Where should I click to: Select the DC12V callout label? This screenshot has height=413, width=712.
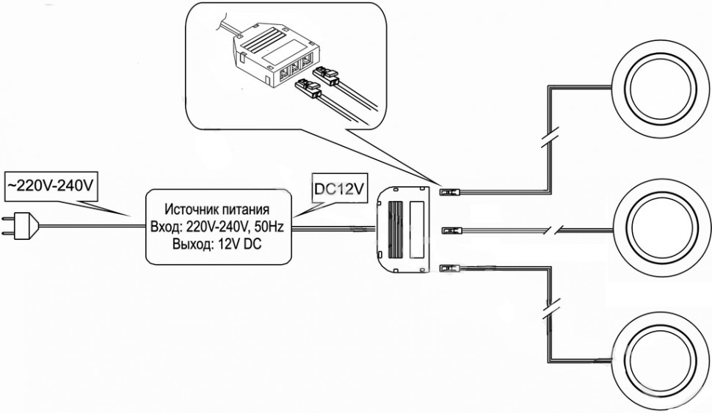coord(338,189)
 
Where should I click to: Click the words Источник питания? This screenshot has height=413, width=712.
coord(219,209)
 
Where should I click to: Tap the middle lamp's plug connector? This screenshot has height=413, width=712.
coord(449,230)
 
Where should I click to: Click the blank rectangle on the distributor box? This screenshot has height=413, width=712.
coord(419,229)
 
